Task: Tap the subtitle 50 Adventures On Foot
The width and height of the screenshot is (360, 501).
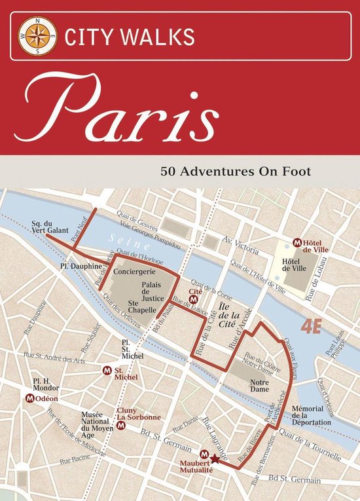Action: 236,173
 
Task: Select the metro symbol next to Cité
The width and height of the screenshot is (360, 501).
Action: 193,299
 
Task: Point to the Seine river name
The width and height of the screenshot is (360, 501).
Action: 125,242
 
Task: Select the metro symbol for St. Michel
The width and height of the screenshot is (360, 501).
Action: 108,371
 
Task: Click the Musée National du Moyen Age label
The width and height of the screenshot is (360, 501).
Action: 96,424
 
